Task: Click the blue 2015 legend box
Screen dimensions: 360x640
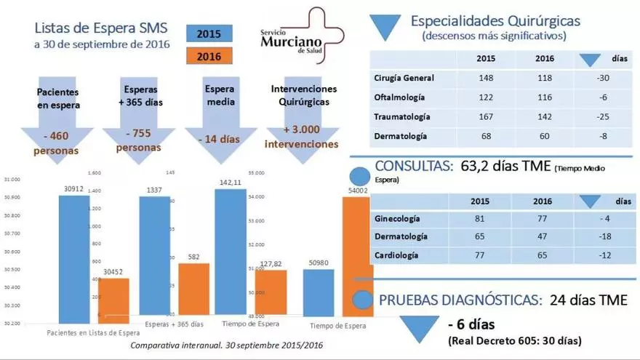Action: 209,33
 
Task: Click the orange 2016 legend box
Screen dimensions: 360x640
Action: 209,57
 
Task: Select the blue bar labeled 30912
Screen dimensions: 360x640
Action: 74,258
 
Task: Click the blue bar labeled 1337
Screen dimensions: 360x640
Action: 154,258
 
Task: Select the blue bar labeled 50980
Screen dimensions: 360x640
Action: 318,292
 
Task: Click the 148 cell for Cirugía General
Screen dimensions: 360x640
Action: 487,78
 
